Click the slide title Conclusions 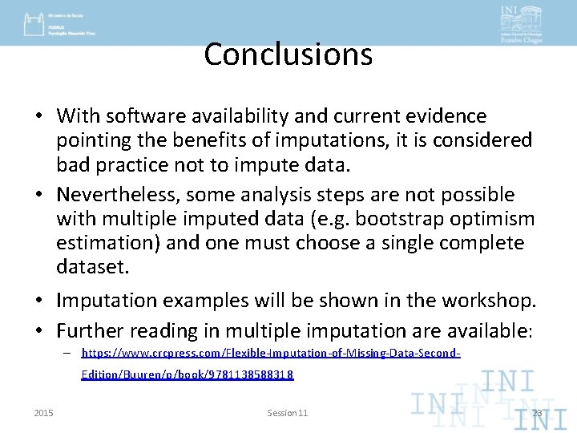click(288, 55)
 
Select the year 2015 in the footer click(44, 412)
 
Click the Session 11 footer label click(287, 412)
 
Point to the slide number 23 click(537, 412)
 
